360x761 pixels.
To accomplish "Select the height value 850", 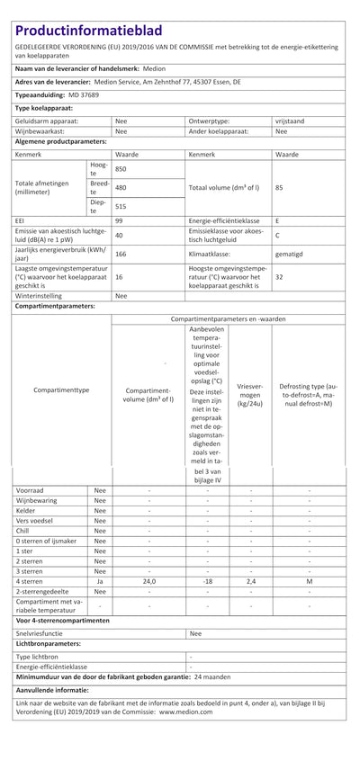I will (121, 169).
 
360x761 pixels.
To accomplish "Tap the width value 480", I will (121, 188).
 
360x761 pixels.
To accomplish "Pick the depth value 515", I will (121, 207).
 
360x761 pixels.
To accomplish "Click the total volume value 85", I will (279, 188).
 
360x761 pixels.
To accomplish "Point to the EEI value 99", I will (119, 220).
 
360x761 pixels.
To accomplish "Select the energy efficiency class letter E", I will (277, 220).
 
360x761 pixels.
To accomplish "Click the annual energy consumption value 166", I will (121, 255).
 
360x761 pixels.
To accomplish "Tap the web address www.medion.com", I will (186, 711).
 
